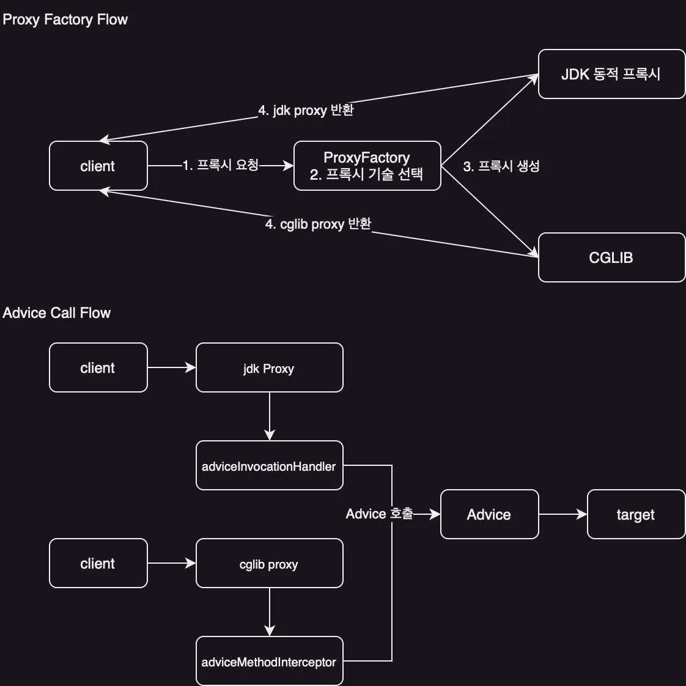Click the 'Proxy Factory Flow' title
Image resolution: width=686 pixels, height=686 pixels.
tap(65, 20)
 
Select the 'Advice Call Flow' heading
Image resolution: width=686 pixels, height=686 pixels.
tap(56, 313)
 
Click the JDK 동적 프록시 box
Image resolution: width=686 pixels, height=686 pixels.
tap(611, 74)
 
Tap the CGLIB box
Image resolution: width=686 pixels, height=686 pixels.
tap(611, 257)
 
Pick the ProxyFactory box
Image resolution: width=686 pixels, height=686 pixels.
tap(367, 166)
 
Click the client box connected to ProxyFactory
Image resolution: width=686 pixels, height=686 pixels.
tap(98, 166)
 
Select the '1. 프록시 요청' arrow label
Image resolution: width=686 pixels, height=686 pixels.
tap(221, 165)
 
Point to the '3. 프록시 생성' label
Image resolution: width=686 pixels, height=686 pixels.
tap(501, 166)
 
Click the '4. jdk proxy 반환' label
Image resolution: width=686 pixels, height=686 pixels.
tap(306, 110)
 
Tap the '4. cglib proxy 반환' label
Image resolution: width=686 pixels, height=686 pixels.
tap(318, 224)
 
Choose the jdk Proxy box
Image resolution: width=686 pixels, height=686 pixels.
tap(269, 367)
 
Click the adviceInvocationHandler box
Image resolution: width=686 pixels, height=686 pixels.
tap(269, 466)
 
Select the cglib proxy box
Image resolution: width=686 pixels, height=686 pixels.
tap(269, 564)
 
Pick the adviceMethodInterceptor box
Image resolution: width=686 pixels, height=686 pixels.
tap(269, 662)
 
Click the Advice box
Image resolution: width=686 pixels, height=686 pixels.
tap(489, 514)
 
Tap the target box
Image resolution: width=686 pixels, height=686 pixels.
tap(636, 514)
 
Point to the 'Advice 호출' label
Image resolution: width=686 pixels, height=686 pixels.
tap(379, 514)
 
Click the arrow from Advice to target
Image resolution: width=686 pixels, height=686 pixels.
tap(562, 514)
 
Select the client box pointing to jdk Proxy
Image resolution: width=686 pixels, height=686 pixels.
tap(98, 367)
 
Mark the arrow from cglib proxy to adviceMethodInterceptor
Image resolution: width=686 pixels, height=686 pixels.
tap(270, 611)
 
